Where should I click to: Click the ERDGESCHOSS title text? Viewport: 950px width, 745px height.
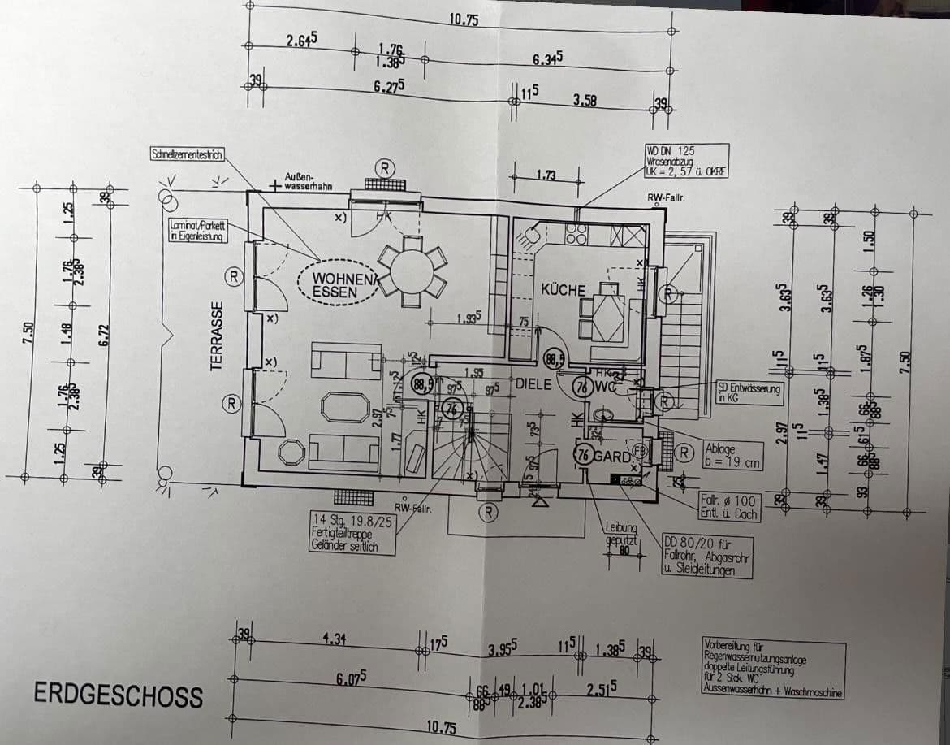point(118,695)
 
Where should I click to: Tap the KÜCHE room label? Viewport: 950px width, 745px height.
point(564,290)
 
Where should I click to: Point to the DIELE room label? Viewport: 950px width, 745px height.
point(533,383)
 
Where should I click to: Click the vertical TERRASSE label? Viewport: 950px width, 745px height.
point(217,336)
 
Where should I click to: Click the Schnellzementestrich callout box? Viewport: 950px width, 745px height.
point(187,154)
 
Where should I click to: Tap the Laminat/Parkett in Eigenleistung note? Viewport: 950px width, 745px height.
point(196,232)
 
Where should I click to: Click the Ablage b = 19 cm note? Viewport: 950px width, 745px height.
point(733,454)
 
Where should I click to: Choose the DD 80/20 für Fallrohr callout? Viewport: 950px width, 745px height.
point(706,557)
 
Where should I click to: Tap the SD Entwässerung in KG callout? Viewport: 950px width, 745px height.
point(749,394)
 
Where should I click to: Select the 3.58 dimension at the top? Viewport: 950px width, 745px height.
point(585,100)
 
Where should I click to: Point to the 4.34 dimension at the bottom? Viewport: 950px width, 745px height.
point(334,639)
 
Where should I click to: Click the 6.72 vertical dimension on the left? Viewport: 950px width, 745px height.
point(103,334)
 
